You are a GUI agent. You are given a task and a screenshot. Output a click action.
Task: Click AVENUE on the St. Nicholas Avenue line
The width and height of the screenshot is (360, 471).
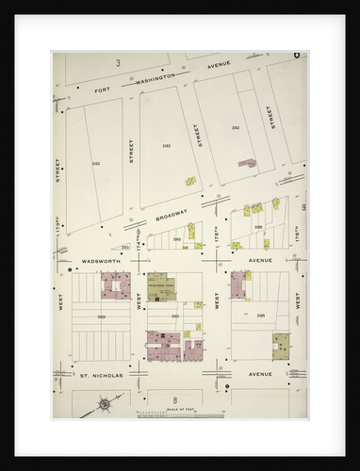(259, 374)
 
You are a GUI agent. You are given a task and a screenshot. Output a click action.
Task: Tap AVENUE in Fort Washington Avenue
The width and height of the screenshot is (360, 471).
(219, 65)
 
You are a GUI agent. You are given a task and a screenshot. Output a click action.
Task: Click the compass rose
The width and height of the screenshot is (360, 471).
(103, 408)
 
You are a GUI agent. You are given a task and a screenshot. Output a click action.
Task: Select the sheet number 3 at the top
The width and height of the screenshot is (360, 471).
(118, 62)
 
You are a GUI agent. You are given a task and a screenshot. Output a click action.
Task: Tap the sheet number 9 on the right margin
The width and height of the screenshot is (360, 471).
(303, 206)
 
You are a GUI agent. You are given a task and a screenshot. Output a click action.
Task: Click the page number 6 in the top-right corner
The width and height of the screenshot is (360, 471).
(296, 56)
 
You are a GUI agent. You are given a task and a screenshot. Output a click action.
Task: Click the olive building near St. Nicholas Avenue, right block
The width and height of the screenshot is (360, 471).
(281, 345)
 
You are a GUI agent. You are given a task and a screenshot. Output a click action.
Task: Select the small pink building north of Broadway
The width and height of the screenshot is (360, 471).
(248, 163)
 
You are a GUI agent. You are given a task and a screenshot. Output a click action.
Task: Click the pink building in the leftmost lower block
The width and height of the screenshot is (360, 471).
(117, 284)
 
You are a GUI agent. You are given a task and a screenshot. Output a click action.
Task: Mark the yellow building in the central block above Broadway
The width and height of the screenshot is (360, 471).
(189, 181)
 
